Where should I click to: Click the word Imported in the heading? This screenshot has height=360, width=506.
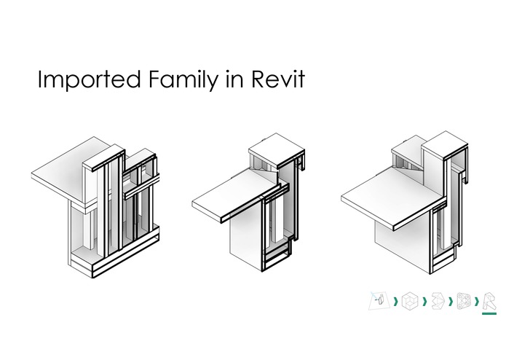(90, 79)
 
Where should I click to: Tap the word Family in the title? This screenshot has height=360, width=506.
(183, 79)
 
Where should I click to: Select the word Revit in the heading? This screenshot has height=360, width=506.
(278, 79)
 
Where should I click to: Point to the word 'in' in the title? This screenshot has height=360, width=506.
(234, 79)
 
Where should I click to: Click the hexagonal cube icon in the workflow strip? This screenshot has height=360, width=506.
(410, 300)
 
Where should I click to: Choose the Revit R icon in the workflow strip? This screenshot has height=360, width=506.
(489, 301)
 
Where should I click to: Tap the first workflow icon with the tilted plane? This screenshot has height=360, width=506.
(379, 300)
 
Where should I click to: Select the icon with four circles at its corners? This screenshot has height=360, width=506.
(463, 301)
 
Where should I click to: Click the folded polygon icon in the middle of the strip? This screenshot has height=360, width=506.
(438, 300)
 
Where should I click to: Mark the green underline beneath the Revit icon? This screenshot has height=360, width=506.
(489, 313)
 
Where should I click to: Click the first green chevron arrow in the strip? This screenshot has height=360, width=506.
(395, 302)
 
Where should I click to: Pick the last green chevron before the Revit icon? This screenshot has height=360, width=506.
(477, 302)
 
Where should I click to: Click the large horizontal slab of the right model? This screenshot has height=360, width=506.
(392, 196)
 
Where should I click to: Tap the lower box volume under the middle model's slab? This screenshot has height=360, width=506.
(246, 239)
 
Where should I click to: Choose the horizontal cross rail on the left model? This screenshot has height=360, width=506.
(142, 187)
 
